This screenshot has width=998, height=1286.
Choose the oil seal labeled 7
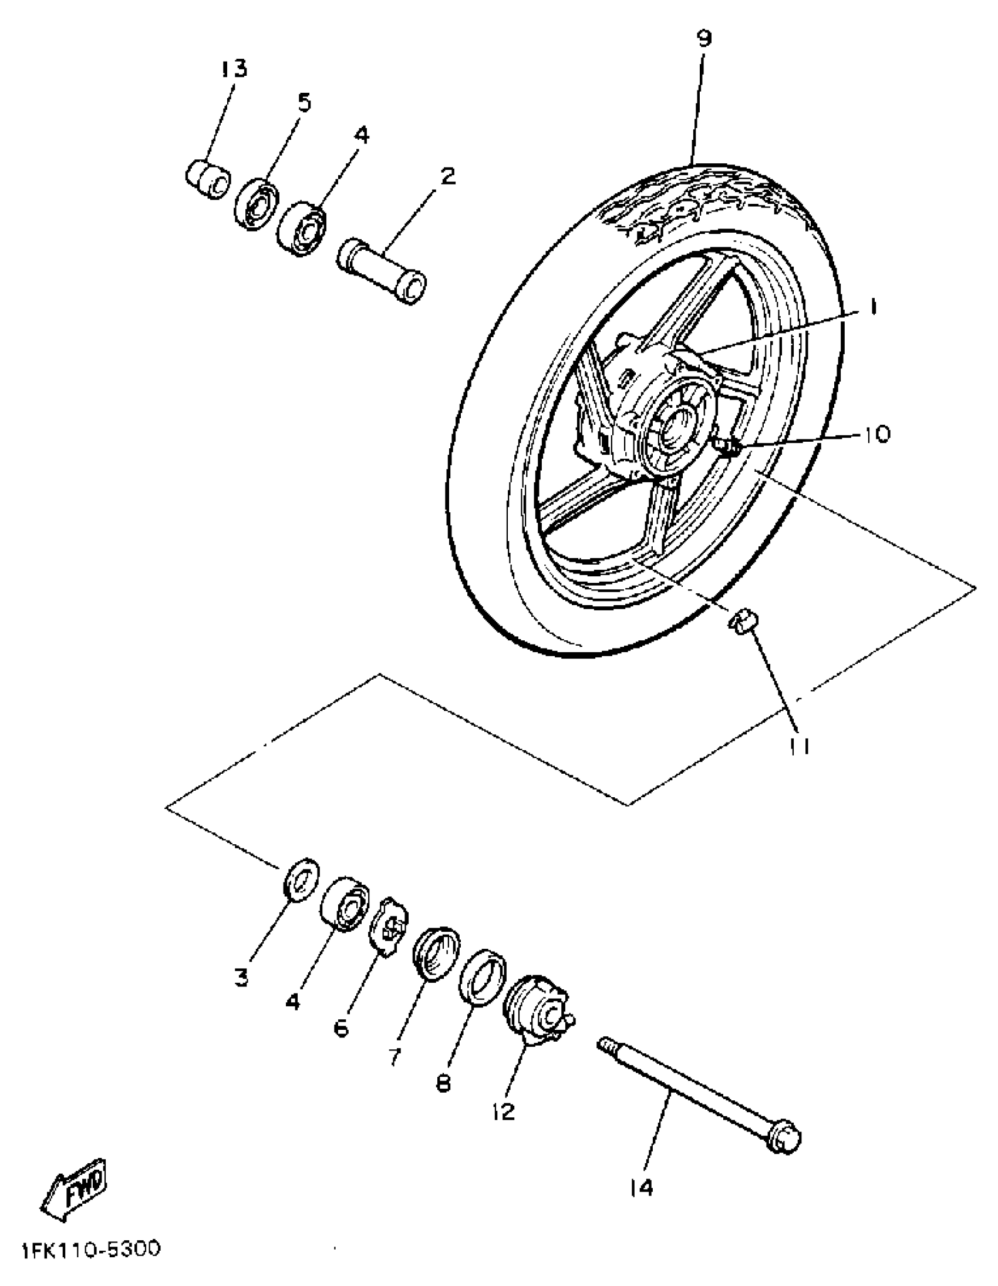coord(436,953)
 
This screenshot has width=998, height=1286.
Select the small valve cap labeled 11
coord(743,622)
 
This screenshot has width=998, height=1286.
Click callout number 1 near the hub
coord(874,307)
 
